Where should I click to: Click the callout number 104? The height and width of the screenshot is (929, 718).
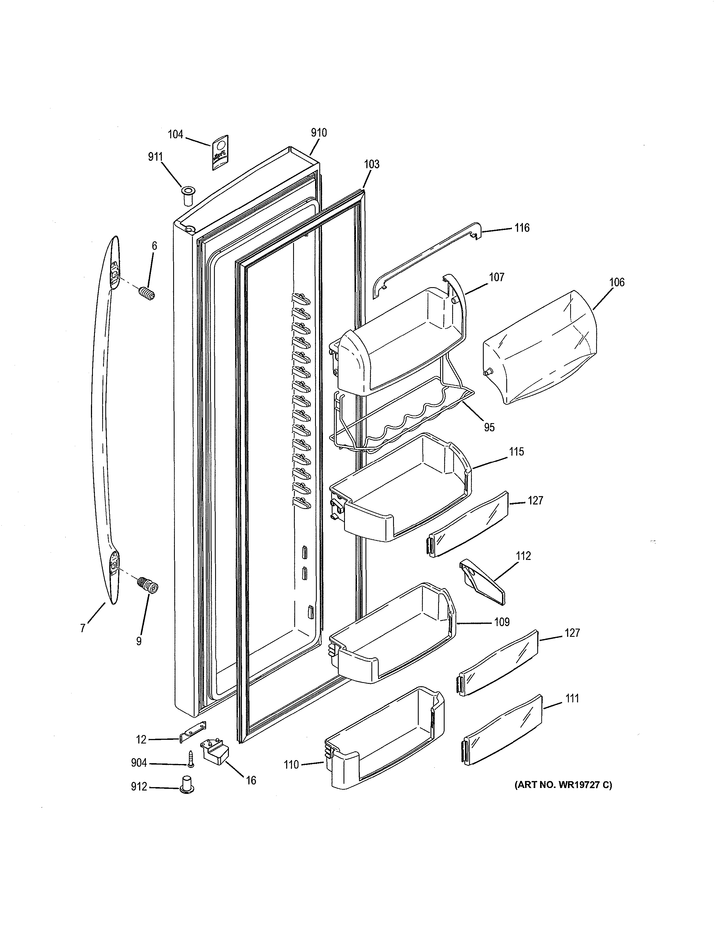click(x=175, y=134)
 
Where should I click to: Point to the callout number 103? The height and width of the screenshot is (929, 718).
click(x=372, y=164)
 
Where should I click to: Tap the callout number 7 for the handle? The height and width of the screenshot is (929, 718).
click(x=83, y=628)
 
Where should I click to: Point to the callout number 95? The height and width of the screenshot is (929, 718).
click(x=489, y=427)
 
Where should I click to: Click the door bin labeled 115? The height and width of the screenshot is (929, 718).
click(x=400, y=489)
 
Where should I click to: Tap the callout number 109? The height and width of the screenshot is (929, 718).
click(x=502, y=622)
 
